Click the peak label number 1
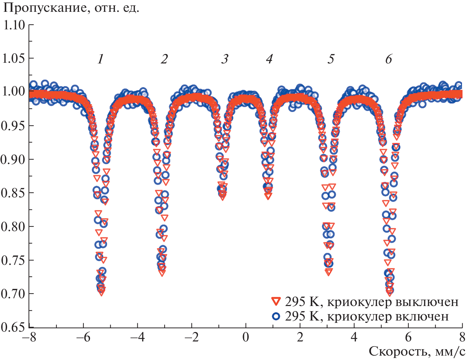[100, 59]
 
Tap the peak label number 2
[164, 59]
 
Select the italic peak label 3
[225, 59]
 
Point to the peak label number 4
[269, 59]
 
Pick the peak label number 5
[331, 59]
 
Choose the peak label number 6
[389, 59]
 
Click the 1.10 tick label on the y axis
[14, 25]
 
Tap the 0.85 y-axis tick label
[14, 193]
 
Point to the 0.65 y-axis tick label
[14, 327]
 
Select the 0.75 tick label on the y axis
[14, 260]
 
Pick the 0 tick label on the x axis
[246, 337]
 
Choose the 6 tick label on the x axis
[408, 337]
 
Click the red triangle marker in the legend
[276, 301]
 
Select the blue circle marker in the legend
[276, 316]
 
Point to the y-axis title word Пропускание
[46, 8]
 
